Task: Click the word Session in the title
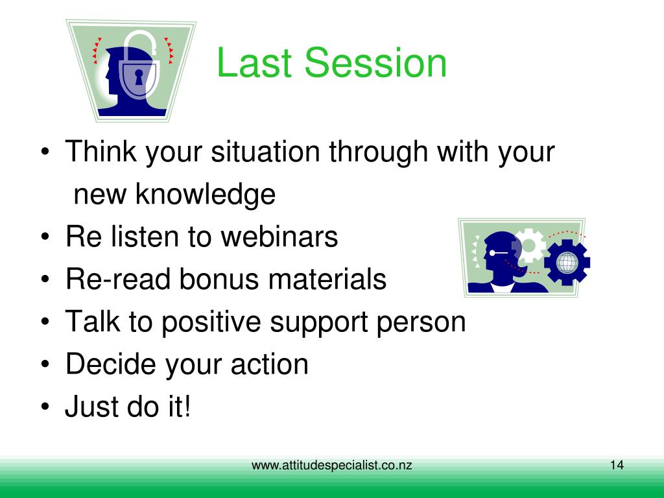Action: point(375,63)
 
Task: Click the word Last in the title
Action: point(254,63)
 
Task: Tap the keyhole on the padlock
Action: point(139,77)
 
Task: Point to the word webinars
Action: point(279,236)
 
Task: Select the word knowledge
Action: point(206,195)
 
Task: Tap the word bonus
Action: point(219,279)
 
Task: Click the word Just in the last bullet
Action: point(91,407)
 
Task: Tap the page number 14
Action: point(617,465)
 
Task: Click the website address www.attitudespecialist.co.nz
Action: point(331,466)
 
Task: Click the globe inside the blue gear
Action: point(567,263)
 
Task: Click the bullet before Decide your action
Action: point(45,364)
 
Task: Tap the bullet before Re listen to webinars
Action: point(45,236)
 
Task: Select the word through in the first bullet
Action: point(378,152)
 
